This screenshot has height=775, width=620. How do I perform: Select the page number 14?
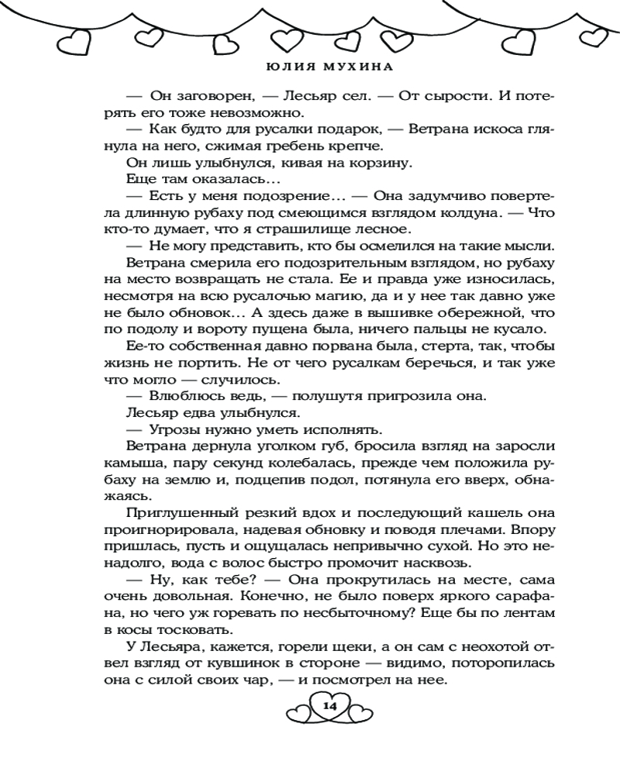tap(329, 706)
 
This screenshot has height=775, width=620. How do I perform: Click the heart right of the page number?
tap(361, 708)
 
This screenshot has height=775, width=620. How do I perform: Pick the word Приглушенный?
tap(185, 515)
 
